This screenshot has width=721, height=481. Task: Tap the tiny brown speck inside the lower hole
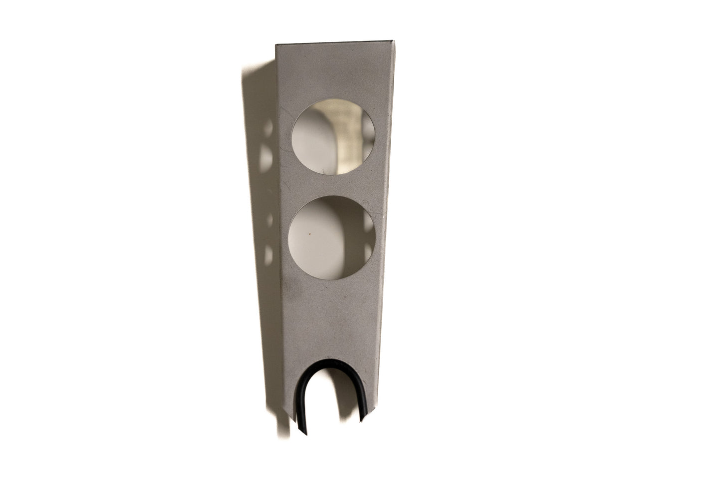click(310, 233)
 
